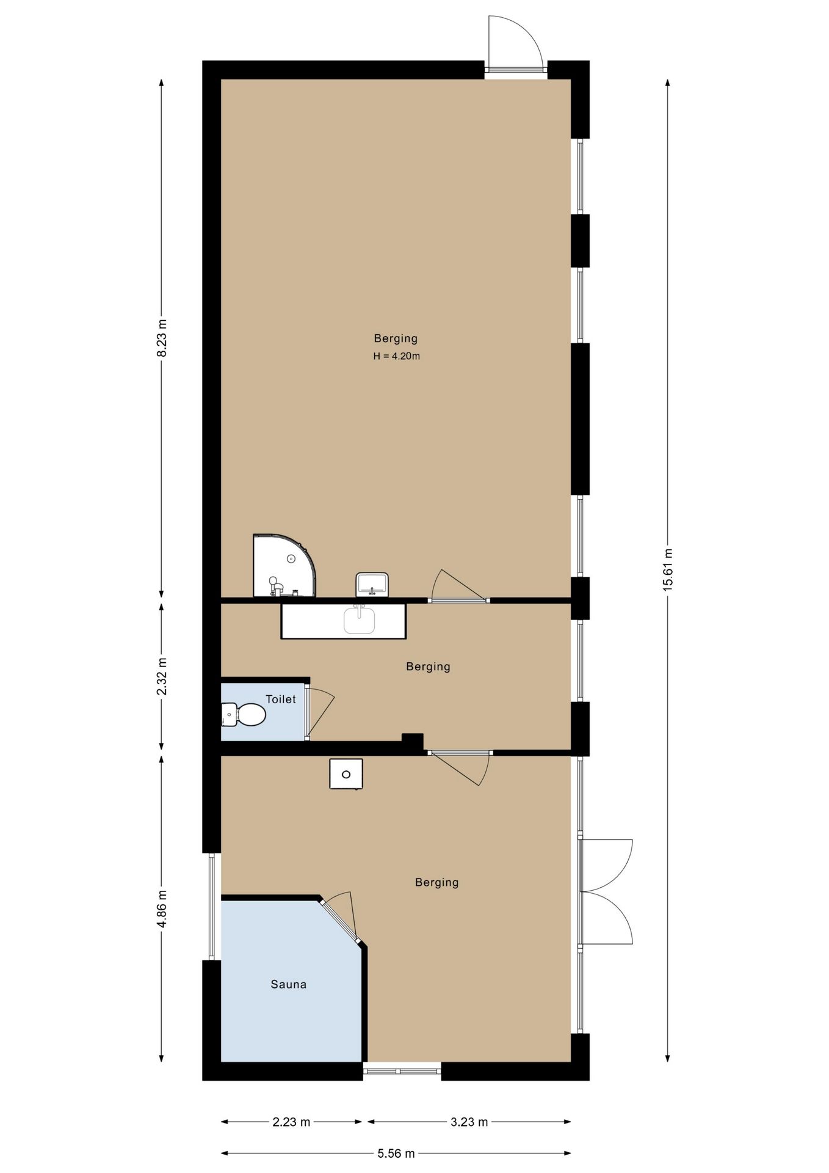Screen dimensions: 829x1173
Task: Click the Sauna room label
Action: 288,984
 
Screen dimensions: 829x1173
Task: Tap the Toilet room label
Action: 281,699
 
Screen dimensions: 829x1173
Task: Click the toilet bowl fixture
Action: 243,714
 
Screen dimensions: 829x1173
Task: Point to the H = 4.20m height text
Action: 396,356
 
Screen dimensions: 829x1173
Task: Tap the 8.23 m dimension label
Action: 162,338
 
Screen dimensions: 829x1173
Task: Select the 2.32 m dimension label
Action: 162,676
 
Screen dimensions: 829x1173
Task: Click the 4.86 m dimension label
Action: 162,909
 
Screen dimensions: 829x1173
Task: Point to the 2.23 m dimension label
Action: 291,1122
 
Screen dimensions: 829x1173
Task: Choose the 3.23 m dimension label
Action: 469,1122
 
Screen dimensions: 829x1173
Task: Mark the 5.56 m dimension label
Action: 396,1153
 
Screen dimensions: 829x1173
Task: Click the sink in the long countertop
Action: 359,620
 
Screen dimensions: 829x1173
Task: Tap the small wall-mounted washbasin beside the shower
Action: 372,585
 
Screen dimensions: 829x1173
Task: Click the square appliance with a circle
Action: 346,774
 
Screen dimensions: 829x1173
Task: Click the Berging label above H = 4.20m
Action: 396,338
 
